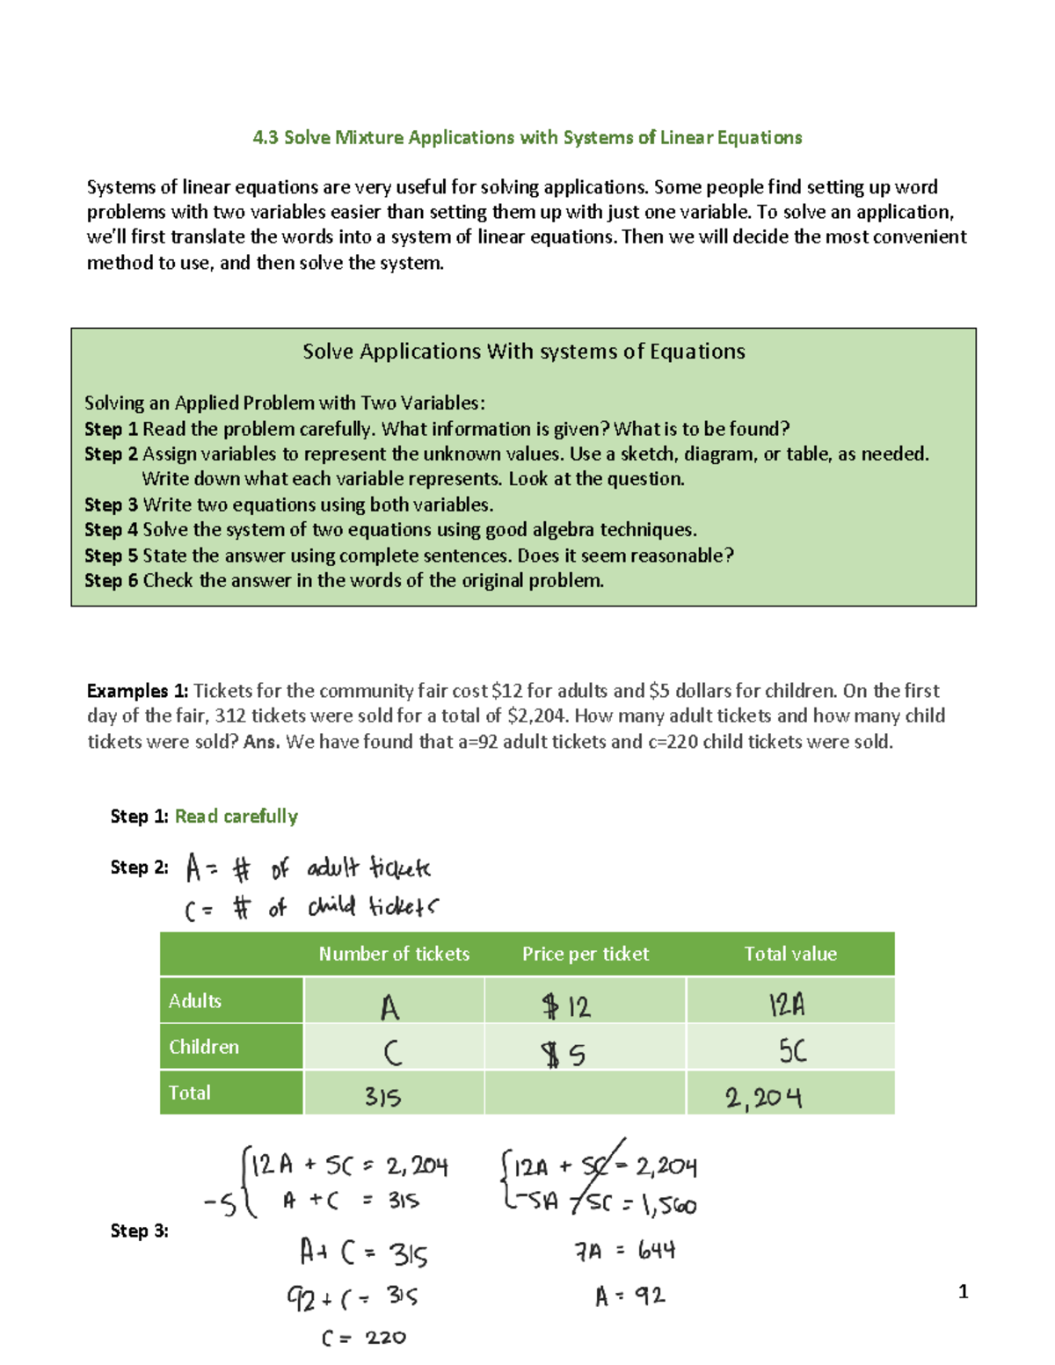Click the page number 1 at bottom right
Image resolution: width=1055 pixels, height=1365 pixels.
coord(963,1291)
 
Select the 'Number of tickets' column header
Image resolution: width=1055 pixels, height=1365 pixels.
coord(394,954)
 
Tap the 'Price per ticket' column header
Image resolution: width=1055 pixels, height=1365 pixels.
coord(585,954)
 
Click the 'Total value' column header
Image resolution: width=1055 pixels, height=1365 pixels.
coord(789,954)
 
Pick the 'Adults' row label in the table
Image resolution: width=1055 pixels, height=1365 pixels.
coord(195,1001)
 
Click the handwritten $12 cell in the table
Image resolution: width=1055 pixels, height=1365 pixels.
coord(567,1006)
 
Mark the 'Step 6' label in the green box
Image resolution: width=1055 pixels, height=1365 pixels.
coord(111,581)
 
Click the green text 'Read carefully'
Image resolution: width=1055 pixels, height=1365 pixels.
coord(236,817)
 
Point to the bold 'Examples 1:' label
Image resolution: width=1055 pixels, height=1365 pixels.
coord(137,691)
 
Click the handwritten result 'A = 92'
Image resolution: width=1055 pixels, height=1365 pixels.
coord(629,1296)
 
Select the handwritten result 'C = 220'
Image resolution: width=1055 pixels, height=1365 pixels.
coord(363,1338)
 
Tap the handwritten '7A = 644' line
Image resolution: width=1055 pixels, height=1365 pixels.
coord(624,1251)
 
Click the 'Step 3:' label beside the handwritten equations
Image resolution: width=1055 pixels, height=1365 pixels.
coord(139,1231)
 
